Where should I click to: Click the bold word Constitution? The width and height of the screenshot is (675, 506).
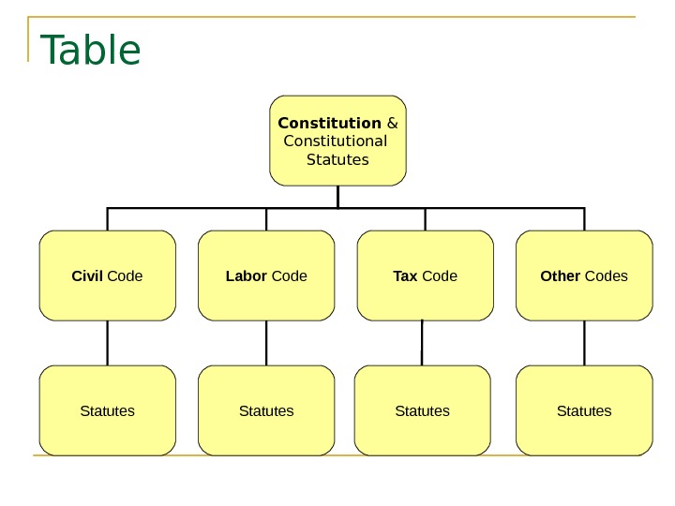tap(330, 123)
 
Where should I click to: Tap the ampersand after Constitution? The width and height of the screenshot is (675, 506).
tap(392, 123)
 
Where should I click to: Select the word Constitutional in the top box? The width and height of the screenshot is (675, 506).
tap(335, 141)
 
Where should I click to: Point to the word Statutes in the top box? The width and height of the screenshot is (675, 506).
tap(338, 159)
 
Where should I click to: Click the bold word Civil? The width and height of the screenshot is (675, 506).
tap(87, 275)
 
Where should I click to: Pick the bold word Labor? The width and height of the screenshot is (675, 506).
tap(247, 275)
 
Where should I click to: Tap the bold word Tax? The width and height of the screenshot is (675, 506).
tap(405, 275)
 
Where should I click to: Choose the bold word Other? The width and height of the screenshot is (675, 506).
tap(561, 275)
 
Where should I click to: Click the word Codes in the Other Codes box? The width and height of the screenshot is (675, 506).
tap(607, 275)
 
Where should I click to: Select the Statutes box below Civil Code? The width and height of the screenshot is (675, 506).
tap(108, 410)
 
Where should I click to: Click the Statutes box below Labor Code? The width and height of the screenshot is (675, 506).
tap(266, 410)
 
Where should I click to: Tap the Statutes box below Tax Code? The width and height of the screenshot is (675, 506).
tap(423, 410)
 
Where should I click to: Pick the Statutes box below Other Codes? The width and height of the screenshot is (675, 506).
tap(584, 410)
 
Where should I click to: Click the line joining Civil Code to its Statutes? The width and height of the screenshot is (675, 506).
tap(108, 343)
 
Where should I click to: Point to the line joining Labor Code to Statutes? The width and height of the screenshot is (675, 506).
tap(266, 343)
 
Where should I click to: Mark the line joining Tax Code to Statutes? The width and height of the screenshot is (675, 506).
tap(422, 343)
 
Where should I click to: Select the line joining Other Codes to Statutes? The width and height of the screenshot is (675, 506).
tap(584, 343)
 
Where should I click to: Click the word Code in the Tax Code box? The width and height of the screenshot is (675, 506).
tap(440, 275)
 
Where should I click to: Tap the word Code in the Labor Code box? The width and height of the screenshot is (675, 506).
tap(289, 275)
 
